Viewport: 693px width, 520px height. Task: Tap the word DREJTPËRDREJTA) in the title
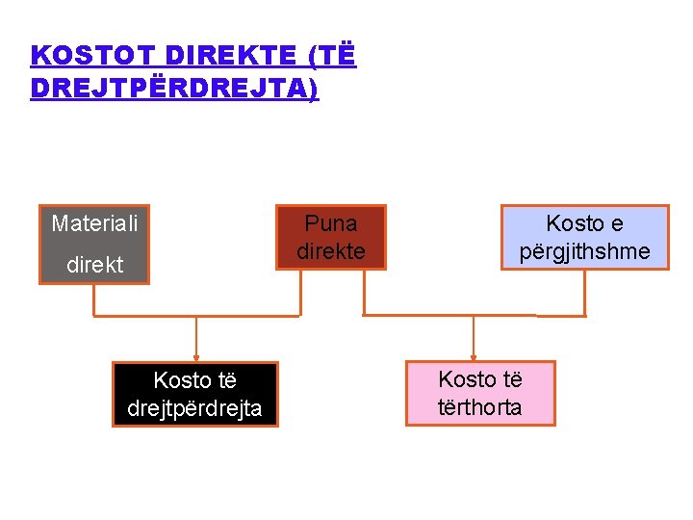click(174, 88)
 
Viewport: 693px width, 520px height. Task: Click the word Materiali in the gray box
click(94, 223)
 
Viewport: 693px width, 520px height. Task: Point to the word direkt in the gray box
click(94, 265)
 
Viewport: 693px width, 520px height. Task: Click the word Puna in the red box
click(330, 223)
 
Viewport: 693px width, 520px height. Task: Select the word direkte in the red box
click(330, 251)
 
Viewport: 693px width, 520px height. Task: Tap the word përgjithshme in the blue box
click(584, 251)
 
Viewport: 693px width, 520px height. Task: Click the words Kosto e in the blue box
click(584, 223)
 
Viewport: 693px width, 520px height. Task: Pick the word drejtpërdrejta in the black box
click(194, 407)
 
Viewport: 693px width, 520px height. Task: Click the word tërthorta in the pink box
click(479, 407)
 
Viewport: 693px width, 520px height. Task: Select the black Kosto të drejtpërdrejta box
click(194, 394)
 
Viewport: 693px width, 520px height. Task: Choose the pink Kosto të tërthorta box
click(479, 393)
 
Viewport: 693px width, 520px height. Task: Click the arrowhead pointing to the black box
click(196, 356)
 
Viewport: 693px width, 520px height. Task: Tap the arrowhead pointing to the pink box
click(474, 356)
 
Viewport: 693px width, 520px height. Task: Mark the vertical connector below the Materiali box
click(93, 299)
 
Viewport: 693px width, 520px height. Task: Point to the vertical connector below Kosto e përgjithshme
click(583, 293)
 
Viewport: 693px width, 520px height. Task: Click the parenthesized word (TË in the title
click(332, 56)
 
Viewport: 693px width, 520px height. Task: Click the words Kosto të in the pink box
click(479, 379)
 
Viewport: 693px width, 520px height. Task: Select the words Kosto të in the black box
click(194, 380)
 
